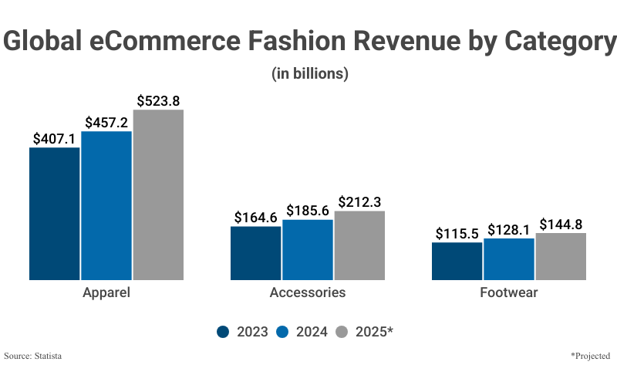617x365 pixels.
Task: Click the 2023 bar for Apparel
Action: point(55,213)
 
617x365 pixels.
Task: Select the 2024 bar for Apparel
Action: point(106,205)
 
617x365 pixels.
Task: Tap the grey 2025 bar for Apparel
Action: point(158,194)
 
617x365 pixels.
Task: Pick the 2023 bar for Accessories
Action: point(256,252)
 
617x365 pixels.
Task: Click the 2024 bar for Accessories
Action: point(308,249)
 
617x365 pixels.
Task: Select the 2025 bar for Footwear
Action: point(561,256)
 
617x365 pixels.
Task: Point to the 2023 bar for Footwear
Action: point(457,261)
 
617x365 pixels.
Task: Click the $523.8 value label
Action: point(158,100)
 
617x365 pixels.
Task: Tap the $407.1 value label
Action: point(55,138)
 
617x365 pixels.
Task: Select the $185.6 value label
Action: point(308,210)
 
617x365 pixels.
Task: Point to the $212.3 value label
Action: point(359,201)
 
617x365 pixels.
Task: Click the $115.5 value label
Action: point(457,233)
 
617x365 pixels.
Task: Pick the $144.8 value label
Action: point(561,224)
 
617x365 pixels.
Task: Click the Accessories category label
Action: point(308,293)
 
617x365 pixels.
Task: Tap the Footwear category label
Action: point(509,293)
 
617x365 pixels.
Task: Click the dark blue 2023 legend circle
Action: point(224,332)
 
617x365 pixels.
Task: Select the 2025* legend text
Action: point(375,332)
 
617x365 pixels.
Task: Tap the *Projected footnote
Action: point(589,356)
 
